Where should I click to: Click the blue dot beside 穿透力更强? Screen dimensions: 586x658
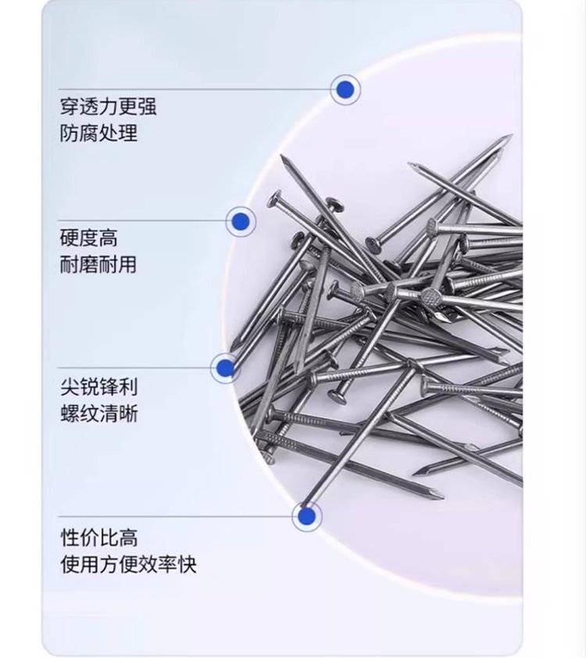345,89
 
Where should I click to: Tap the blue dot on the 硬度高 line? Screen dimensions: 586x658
241,221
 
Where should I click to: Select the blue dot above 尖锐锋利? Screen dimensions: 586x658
226,367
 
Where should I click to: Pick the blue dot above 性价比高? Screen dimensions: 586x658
307,516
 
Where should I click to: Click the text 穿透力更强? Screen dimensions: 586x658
109,106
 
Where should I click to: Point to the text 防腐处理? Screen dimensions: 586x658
98,133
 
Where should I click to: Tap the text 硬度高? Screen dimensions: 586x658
89,238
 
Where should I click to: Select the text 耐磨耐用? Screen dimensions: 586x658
98,265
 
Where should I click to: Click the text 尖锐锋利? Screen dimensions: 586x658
99,387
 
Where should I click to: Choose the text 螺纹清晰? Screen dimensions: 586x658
99,413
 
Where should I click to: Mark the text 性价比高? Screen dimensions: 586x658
99,538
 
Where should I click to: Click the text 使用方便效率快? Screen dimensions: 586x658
128,564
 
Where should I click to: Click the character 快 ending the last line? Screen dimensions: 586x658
187,564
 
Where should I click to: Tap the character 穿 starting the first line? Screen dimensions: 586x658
70,106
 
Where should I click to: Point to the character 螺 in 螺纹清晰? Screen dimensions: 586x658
70,413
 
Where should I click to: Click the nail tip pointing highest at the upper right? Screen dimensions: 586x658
510,136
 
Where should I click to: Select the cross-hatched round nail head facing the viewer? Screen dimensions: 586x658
431,299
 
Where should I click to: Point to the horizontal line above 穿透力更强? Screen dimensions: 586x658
195,89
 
